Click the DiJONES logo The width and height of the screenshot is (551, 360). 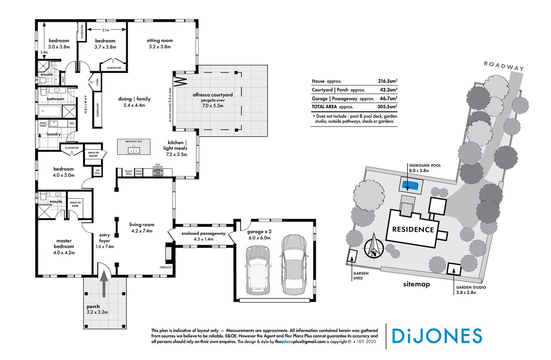[437, 336]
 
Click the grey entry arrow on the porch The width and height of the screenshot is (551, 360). [104, 285]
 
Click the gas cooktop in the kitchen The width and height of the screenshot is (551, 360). [158, 173]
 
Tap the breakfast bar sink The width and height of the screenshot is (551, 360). [134, 150]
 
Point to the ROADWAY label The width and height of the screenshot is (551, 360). [504, 65]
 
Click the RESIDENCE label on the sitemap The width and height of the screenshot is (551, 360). [413, 230]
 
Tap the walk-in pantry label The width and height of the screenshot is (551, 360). [93, 154]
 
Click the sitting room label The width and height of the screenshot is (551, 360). [160, 41]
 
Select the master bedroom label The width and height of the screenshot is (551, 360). [64, 244]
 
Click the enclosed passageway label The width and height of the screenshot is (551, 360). [203, 233]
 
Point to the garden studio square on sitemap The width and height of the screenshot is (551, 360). [454, 269]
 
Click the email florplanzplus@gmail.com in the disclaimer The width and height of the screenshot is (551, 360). [300, 342]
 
